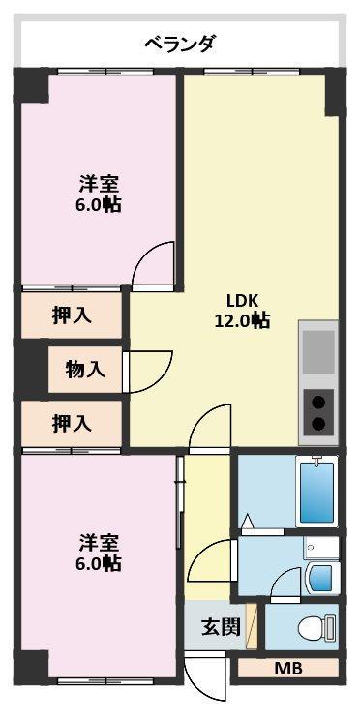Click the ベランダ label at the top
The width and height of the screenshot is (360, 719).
click(179, 45)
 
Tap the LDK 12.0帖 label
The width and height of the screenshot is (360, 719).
click(243, 312)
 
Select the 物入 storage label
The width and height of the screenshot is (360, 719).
click(85, 370)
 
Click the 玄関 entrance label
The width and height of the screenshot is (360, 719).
click(222, 627)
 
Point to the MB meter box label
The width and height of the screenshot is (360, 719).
click(288, 669)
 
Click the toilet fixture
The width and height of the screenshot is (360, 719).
click(317, 627)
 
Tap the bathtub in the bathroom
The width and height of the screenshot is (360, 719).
click(316, 492)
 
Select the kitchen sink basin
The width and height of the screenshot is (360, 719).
click(318, 351)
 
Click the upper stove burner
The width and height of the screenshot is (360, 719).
click(318, 403)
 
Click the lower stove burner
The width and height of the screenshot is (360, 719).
click(318, 424)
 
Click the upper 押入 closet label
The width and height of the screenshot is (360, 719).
click(71, 315)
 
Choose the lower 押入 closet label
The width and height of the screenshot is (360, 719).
click(71, 423)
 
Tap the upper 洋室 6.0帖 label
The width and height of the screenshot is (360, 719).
click(99, 195)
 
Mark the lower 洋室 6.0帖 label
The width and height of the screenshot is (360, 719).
click(99, 553)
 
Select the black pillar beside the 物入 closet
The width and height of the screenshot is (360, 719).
click(31, 367)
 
